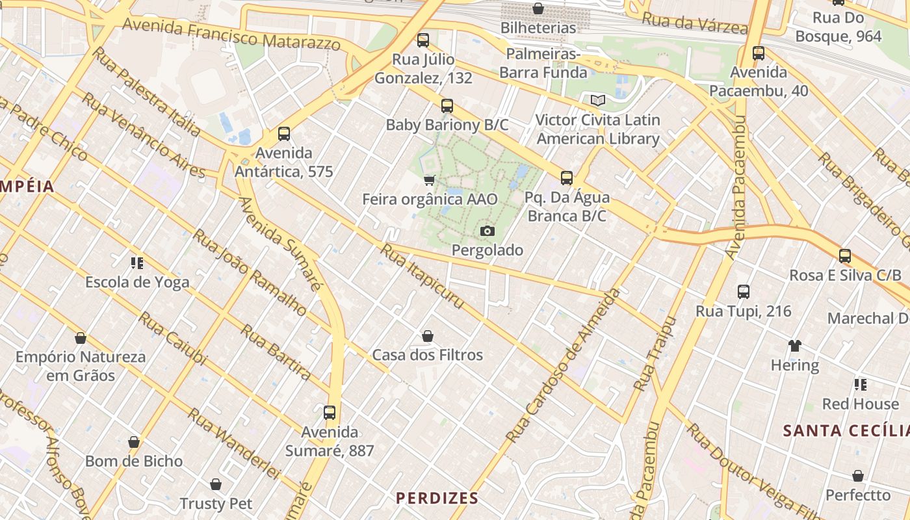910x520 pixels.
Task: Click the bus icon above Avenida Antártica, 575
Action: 284,134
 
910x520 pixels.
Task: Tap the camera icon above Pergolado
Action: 487,231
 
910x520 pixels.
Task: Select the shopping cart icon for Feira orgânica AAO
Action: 429,180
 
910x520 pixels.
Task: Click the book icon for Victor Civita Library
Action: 597,101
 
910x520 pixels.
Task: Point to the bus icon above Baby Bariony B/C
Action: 447,106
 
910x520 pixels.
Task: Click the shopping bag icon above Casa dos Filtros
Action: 428,336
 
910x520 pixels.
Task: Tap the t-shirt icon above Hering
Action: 795,346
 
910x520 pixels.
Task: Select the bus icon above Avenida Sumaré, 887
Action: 330,413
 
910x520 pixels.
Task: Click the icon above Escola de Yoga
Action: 137,263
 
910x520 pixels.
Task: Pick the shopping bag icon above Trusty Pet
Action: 216,484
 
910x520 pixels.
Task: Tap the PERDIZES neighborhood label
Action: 437,499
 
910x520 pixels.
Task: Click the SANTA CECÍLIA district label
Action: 846,430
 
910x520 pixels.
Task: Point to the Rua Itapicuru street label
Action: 422,276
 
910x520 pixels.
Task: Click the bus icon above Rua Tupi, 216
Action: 744,292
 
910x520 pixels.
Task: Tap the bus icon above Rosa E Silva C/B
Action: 845,256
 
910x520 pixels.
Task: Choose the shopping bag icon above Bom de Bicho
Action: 134,442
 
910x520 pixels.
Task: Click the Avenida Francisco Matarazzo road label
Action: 231,34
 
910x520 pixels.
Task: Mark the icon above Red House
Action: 861,385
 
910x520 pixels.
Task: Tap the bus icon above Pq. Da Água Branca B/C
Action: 567,178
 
